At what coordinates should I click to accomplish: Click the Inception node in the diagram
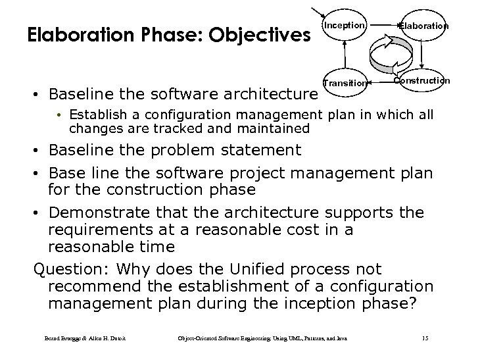point(344,26)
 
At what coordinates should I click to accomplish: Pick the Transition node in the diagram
point(345,83)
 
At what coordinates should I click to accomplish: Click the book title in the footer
point(263,339)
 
